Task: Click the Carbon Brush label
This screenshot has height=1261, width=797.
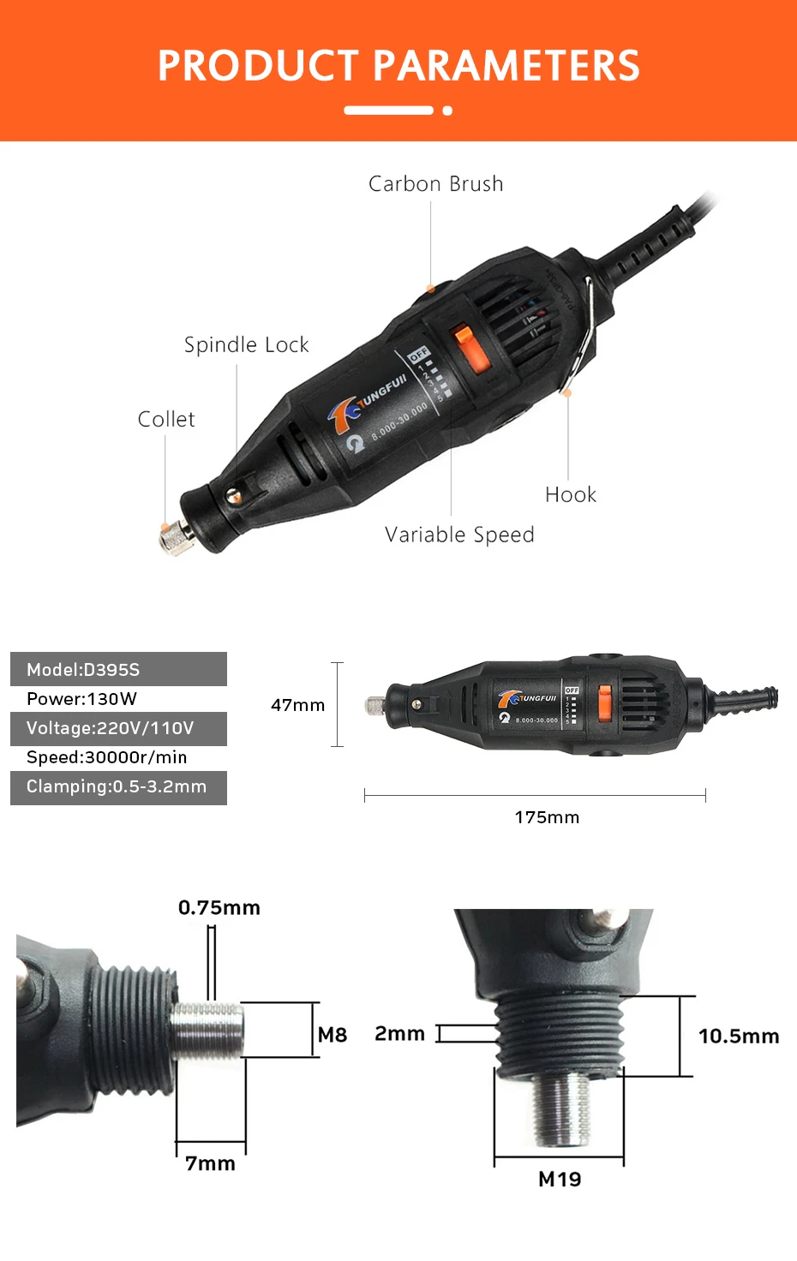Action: [435, 184]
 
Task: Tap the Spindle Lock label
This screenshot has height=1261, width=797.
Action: [246, 344]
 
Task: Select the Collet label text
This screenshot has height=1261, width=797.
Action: [166, 420]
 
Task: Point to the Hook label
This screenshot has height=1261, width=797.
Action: [570, 494]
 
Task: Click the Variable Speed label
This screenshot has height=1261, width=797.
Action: [459, 535]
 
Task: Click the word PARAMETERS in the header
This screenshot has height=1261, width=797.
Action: [506, 65]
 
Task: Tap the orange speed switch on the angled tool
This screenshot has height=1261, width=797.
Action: [471, 349]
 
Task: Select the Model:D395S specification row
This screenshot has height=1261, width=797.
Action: [118, 669]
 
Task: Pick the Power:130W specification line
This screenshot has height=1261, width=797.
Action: [81, 699]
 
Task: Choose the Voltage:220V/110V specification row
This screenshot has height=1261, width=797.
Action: [118, 728]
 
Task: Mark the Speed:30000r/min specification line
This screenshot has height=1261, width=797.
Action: [106, 757]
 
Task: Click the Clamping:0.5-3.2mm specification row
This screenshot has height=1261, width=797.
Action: [118, 787]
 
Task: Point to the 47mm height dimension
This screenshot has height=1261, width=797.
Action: [297, 705]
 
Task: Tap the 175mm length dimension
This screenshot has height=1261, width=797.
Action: [547, 817]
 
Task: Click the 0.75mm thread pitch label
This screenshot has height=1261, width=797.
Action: [219, 907]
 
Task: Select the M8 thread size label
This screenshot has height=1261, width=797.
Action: [333, 1035]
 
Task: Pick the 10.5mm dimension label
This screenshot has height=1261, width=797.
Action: [739, 1036]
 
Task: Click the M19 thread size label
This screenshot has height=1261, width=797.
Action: [560, 1179]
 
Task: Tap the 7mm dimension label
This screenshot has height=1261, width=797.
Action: [210, 1163]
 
